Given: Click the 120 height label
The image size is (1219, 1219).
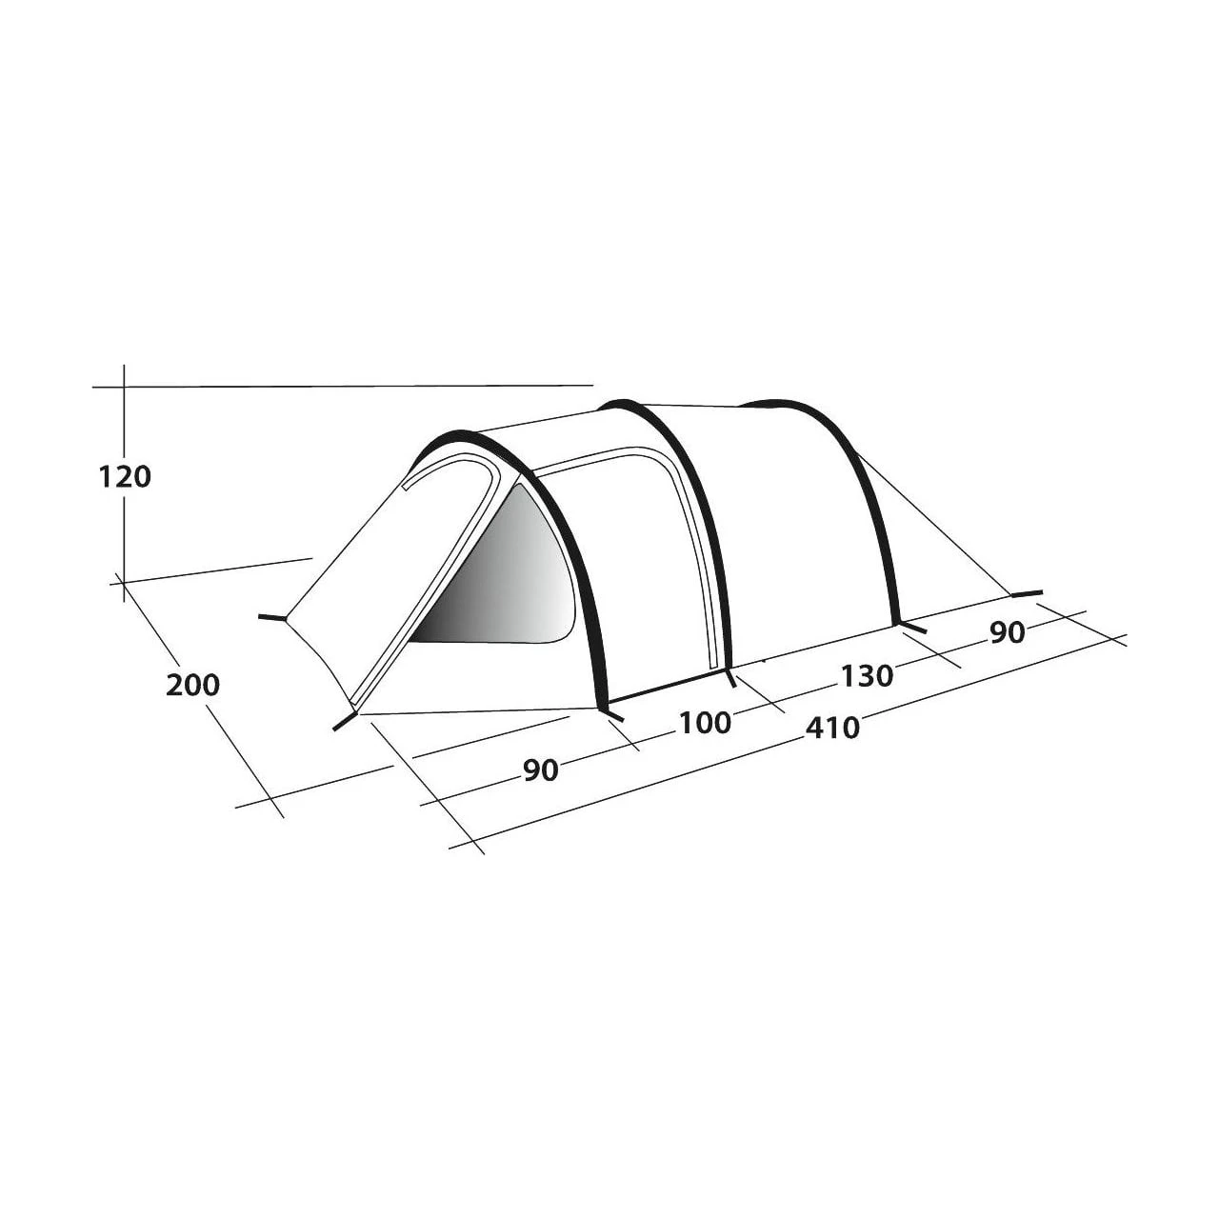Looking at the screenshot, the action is pyautogui.click(x=125, y=477).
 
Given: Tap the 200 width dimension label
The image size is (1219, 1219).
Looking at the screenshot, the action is pyautogui.click(x=192, y=685).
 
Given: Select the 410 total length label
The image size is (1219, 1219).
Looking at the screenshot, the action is pyautogui.click(x=832, y=728).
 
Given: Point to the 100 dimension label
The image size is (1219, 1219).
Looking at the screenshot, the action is pyautogui.click(x=705, y=723).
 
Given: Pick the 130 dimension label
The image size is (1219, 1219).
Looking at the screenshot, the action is pyautogui.click(x=867, y=676).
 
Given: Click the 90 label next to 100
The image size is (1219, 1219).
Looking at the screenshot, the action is pyautogui.click(x=541, y=770).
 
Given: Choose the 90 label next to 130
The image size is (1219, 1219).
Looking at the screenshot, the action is pyautogui.click(x=1007, y=632).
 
